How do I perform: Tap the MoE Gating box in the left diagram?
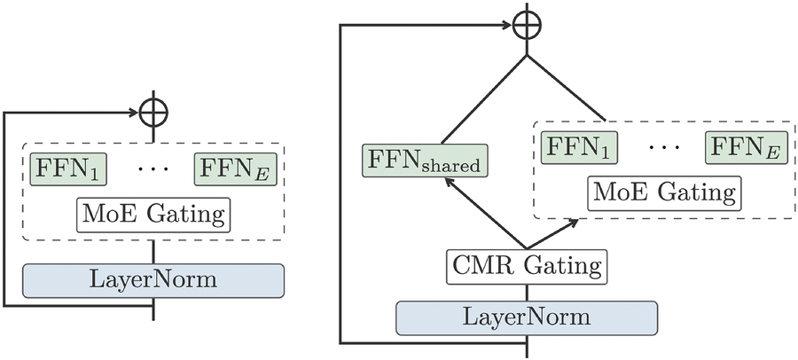pos(155,215)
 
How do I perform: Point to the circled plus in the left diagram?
pos(154,113)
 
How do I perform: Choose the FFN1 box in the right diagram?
pos(579,145)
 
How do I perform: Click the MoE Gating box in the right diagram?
pos(663,191)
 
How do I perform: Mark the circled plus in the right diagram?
pos(527,23)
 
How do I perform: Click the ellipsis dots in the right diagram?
pos(662,145)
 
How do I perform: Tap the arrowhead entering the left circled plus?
pos(135,113)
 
